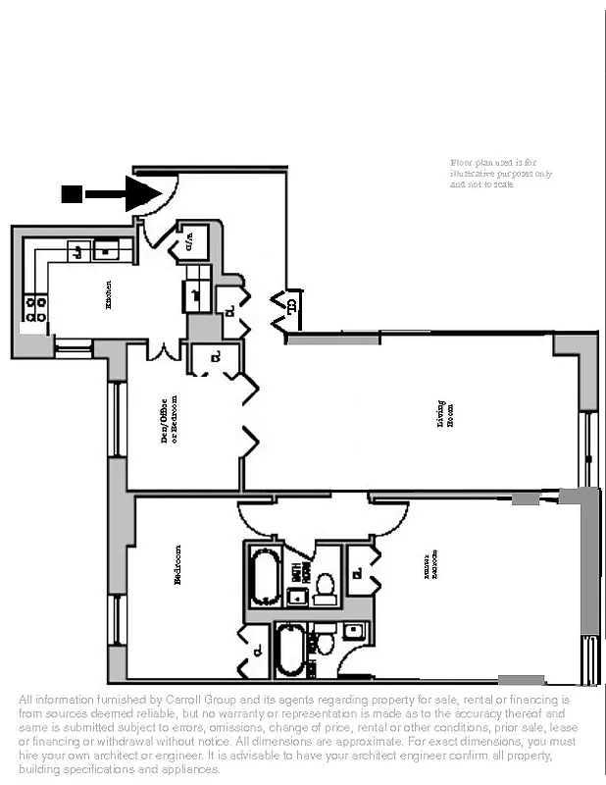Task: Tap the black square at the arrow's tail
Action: coord(71,193)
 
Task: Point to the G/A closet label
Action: coord(188,241)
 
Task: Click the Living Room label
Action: coord(446,414)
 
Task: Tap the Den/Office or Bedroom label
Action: coord(170,420)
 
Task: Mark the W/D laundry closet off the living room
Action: coord(292,306)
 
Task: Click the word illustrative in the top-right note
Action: coord(472,173)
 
